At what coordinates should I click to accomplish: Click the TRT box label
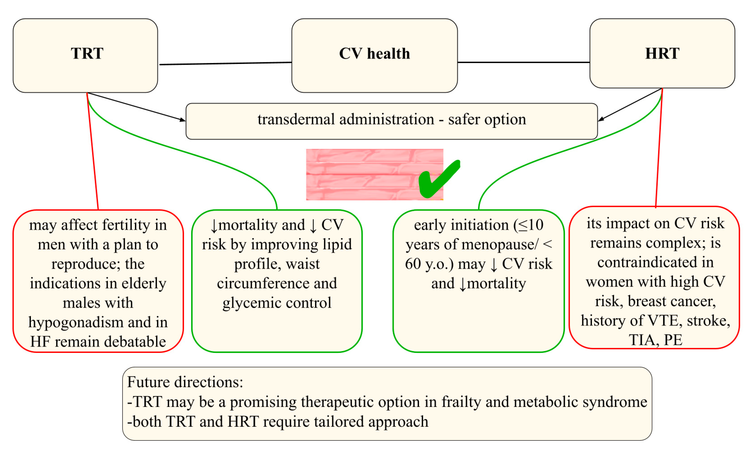[x=87, y=53]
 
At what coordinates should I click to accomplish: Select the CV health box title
[x=374, y=54]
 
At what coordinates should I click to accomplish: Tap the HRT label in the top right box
[x=662, y=53]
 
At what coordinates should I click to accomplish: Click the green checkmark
[x=438, y=180]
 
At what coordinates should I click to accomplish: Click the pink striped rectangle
[x=361, y=174]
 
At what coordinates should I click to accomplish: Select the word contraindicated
[x=655, y=262]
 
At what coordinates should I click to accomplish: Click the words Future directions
[x=185, y=382]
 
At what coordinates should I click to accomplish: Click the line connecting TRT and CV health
[x=225, y=63]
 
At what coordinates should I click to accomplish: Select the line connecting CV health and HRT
[x=523, y=62]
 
